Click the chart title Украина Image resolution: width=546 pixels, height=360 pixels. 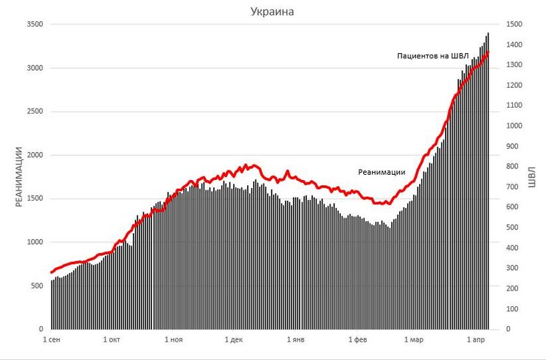pos(273,12)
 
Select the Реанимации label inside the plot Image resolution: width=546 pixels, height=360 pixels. pos(382,172)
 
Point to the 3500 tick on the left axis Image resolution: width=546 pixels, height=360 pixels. pos(34,24)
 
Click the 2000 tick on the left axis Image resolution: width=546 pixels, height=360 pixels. pos(34,155)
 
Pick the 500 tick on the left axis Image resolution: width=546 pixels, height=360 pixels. pos(36,285)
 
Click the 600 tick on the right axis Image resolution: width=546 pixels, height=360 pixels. pos(511,207)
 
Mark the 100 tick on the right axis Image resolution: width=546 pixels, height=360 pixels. pos(511,309)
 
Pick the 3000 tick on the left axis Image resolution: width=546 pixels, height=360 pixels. pos(34,68)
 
